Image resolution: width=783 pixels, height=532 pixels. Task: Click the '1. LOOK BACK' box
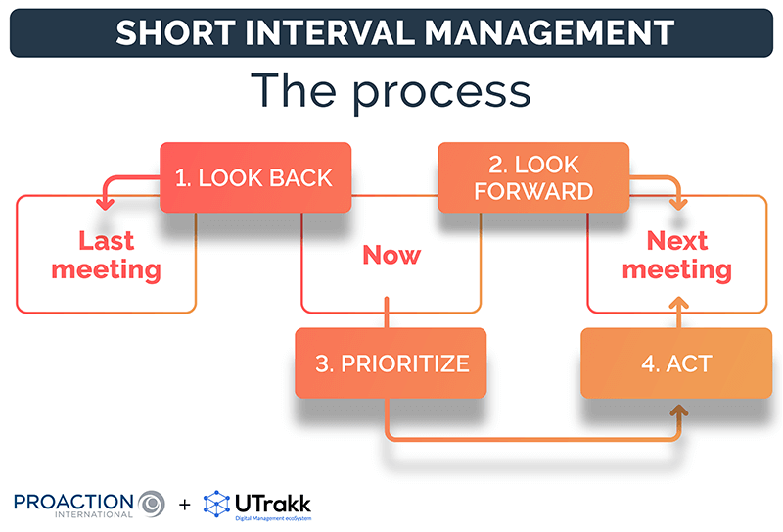point(254,177)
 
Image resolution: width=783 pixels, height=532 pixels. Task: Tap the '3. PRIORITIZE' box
point(391,363)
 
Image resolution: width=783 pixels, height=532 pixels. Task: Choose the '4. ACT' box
point(676,363)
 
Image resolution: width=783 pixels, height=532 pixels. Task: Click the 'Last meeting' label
point(106,254)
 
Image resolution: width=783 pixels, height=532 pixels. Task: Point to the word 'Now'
point(391,255)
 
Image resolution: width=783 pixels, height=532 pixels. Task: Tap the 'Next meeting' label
point(676,254)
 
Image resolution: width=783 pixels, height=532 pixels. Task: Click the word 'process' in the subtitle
point(440,90)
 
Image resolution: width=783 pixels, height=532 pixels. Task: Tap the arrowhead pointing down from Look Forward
point(676,203)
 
